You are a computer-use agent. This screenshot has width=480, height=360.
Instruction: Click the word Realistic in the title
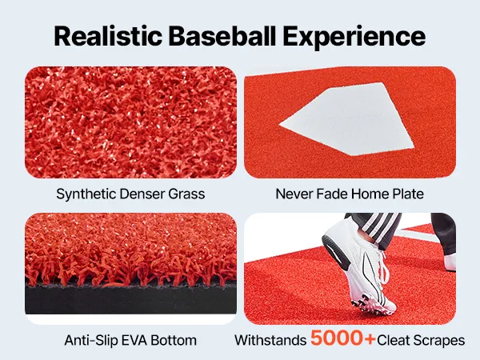(x=108, y=36)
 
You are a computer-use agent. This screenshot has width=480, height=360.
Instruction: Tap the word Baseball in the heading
(x=222, y=36)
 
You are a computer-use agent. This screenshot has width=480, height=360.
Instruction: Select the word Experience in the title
(x=354, y=38)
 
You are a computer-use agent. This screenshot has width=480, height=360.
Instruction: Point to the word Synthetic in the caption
(x=86, y=194)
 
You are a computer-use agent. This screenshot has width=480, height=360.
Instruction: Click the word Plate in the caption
(x=408, y=194)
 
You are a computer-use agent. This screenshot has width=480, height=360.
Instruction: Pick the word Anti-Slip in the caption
(x=91, y=341)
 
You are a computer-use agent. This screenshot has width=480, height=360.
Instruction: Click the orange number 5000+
(x=343, y=338)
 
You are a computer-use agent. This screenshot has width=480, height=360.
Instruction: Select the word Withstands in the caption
(x=270, y=341)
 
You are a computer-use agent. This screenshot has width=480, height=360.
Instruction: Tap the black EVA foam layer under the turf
(x=130, y=299)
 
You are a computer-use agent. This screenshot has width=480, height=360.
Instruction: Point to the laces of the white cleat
(x=379, y=270)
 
